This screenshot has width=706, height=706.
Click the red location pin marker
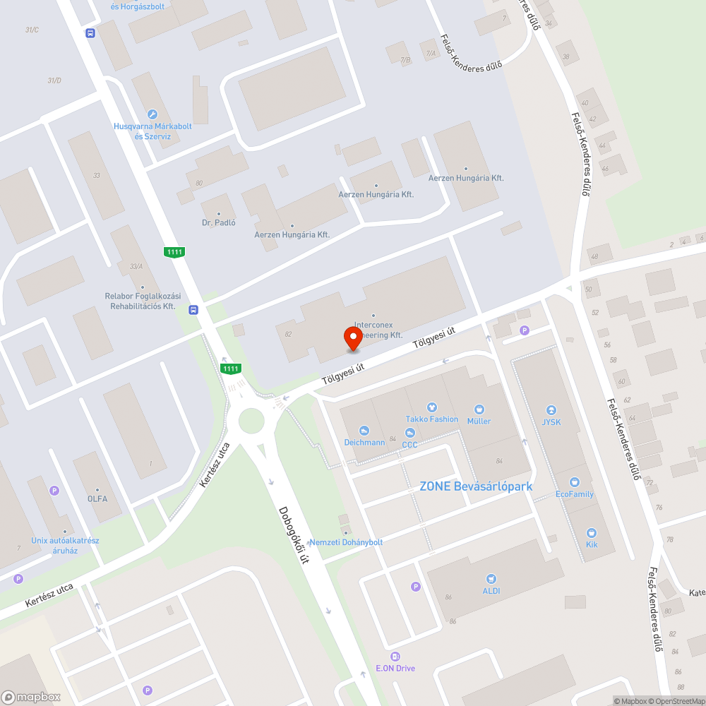353,340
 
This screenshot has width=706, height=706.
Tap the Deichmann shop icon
364,431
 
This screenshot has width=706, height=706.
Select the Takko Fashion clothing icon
432,407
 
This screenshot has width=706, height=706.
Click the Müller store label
479,421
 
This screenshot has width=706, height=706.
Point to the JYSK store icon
551,410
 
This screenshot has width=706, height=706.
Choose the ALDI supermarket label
491,591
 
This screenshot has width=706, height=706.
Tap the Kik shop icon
592,533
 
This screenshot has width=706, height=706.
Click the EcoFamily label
575,494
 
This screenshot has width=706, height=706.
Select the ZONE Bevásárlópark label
476,486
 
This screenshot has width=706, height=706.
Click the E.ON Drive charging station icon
395,657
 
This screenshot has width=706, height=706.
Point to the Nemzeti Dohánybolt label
346,542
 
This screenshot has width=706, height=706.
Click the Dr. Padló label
218,223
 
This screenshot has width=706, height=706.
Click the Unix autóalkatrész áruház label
65,546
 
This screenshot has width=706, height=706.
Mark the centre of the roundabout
251,421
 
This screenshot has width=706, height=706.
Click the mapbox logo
32,696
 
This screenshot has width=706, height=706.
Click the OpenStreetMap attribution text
677,701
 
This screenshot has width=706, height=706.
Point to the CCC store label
409,445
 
